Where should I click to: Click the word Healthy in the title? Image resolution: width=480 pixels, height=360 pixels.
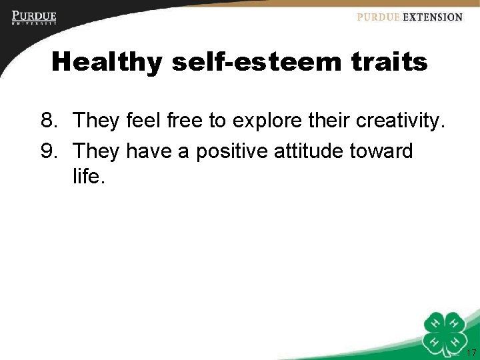pos(107,63)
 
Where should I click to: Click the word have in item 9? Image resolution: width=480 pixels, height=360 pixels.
pos(150,151)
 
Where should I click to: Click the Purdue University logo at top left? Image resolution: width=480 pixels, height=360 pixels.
pos(33,17)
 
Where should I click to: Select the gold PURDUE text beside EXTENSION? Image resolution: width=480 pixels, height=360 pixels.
pos(378,17)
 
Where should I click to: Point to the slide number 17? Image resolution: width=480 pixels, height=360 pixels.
pos(471,353)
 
